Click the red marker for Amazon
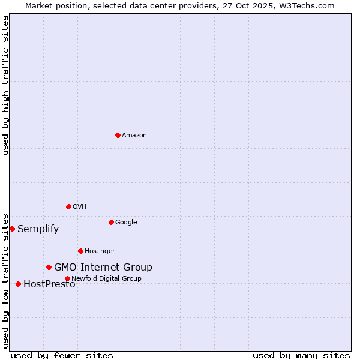tap(118, 135)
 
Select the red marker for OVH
tap(68, 206)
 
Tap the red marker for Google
tap(111, 222)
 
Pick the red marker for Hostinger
tap(80, 251)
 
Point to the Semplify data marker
tap(12, 229)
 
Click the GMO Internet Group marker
tap(49, 267)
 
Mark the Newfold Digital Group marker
tap(67, 278)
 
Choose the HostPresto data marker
tap(18, 284)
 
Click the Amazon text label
tap(134, 136)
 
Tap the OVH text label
tap(80, 207)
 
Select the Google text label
tap(126, 223)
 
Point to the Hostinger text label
tap(100, 251)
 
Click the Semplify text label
tap(38, 229)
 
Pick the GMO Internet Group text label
tap(103, 268)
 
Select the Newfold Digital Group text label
tap(106, 279)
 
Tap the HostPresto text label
tap(49, 284)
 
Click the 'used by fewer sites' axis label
tap(62, 355)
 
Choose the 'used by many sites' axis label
tap(301, 355)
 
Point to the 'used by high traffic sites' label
tap(6, 85)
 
